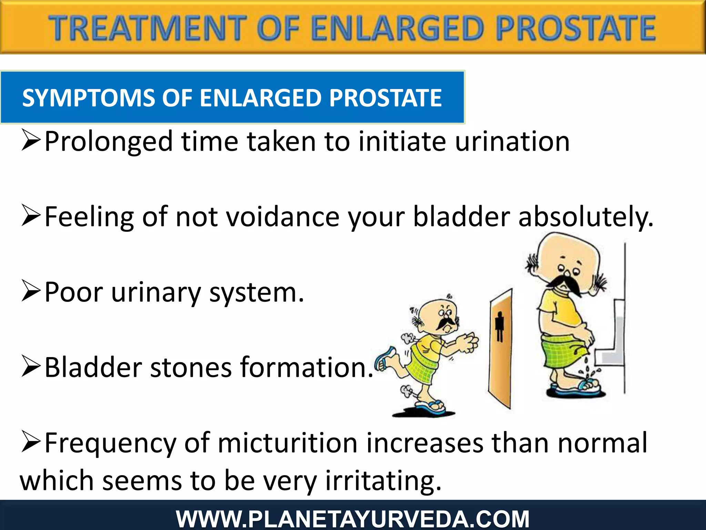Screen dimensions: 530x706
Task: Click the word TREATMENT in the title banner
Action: [x=148, y=28]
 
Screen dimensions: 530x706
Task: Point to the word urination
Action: [x=512, y=141]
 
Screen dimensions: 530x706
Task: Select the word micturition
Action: [x=288, y=443]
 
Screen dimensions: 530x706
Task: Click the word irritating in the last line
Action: [x=383, y=481]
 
